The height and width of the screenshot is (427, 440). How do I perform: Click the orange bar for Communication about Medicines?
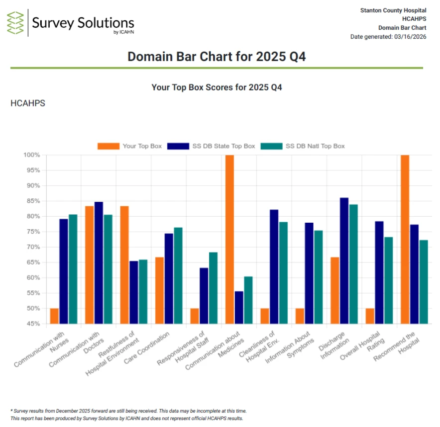(x=229, y=239)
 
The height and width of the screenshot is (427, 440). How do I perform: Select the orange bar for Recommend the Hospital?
(x=405, y=239)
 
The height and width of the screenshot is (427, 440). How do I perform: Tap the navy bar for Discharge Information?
(x=344, y=260)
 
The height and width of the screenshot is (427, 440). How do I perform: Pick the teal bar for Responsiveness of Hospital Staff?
(x=213, y=288)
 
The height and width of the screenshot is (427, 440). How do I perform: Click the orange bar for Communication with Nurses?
(x=54, y=316)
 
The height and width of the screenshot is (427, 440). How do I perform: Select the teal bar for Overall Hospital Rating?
(x=388, y=280)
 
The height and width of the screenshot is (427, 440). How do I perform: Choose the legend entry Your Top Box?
(x=130, y=146)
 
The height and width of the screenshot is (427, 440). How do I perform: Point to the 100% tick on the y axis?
(x=31, y=155)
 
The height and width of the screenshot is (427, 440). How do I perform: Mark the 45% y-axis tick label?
(x=32, y=324)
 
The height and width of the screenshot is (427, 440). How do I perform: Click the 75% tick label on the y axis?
(x=32, y=232)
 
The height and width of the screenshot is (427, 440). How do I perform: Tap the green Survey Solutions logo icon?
(x=15, y=23)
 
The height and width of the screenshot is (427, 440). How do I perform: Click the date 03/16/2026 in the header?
(x=410, y=36)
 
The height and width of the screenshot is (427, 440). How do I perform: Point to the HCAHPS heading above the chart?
(x=27, y=103)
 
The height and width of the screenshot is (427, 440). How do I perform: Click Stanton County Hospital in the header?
(x=393, y=10)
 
